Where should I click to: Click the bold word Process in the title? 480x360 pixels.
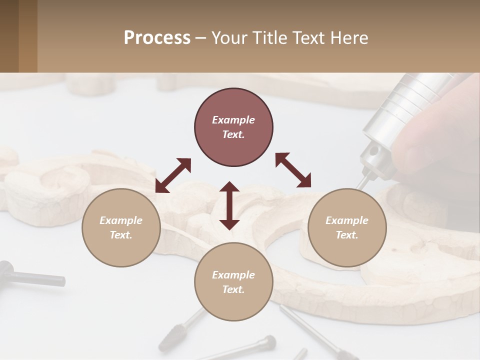[x=157, y=38]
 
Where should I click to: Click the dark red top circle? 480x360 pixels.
[x=233, y=127]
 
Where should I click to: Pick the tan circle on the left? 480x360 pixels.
[x=121, y=227]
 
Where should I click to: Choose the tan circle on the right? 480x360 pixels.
[x=347, y=227]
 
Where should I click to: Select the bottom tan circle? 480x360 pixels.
[x=233, y=281]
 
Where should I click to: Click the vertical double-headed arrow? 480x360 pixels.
[x=229, y=205]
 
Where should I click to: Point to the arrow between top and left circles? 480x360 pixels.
[x=173, y=175]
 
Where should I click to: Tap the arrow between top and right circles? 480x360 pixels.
[x=293, y=170]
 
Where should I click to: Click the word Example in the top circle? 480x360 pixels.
[x=233, y=120]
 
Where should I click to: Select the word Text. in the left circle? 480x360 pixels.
[x=121, y=235]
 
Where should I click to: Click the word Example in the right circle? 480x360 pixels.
[x=347, y=220]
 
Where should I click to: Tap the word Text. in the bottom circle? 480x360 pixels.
[x=233, y=289]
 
